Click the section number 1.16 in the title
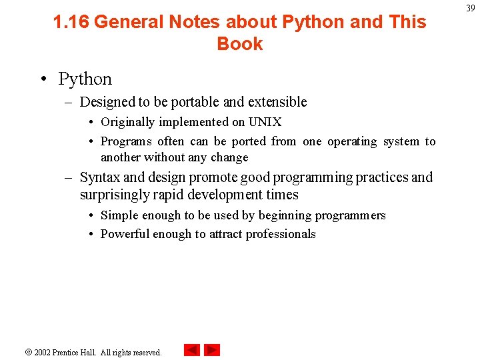pos(71,22)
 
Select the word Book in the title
pos(240,44)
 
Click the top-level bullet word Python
pos(85,79)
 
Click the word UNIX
pos(265,122)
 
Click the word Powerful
pos(125,234)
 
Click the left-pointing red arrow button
pos(191,350)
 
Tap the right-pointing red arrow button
pos(212,350)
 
